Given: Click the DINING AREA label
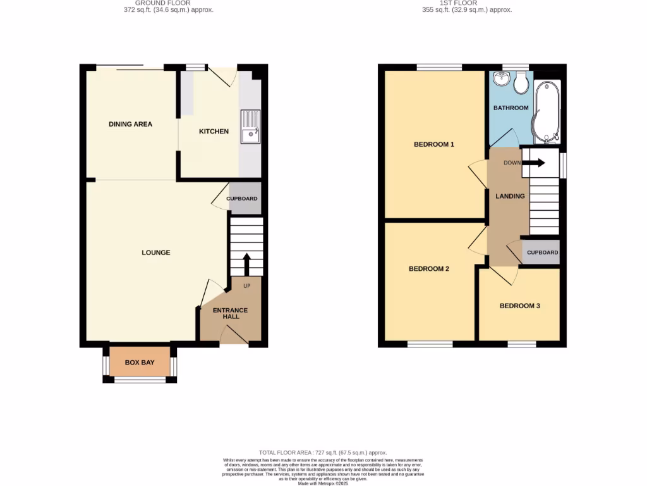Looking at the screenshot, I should pyautogui.click(x=130, y=124).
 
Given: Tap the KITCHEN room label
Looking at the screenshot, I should pyautogui.click(x=214, y=132).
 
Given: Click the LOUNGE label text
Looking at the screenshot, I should pyautogui.click(x=156, y=252).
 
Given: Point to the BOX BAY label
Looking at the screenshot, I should pyautogui.click(x=140, y=363).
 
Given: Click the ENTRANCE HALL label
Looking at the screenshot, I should pyautogui.click(x=230, y=314).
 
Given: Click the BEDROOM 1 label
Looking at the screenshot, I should pyautogui.click(x=434, y=144).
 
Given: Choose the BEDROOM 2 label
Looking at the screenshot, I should pyautogui.click(x=429, y=269).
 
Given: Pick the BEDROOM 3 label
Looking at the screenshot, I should pyautogui.click(x=519, y=306).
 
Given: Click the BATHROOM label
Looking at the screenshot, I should pyautogui.click(x=511, y=108).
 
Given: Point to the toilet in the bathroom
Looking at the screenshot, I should pyautogui.click(x=522, y=81).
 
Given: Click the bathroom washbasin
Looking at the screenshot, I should pyautogui.click(x=502, y=78).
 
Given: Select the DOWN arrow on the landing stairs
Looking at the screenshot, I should pyautogui.click(x=534, y=163).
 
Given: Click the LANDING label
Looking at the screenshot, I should pyautogui.click(x=510, y=196).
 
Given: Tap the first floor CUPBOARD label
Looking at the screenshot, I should pyautogui.click(x=542, y=252).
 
